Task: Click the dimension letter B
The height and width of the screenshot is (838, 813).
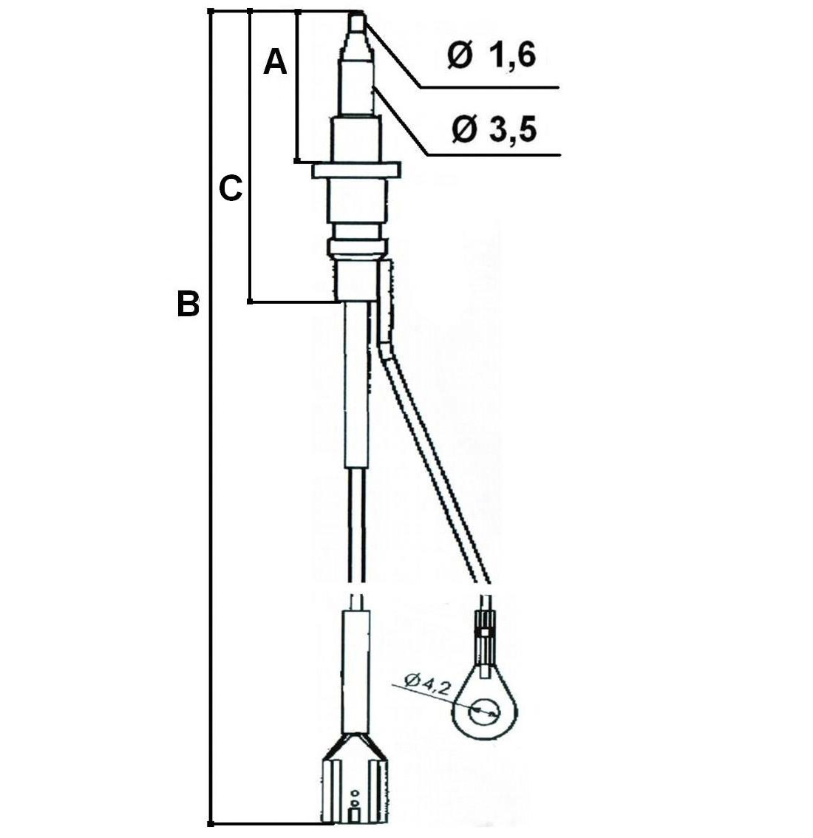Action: pos(188,304)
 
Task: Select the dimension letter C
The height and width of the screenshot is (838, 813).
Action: pos(231,188)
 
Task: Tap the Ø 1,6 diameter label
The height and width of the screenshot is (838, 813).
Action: pos(491,55)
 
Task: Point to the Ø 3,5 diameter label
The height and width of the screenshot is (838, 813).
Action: pos(493,129)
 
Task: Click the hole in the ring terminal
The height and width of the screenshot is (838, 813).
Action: pos(483,712)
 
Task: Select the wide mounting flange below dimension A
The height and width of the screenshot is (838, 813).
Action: pos(356,171)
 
